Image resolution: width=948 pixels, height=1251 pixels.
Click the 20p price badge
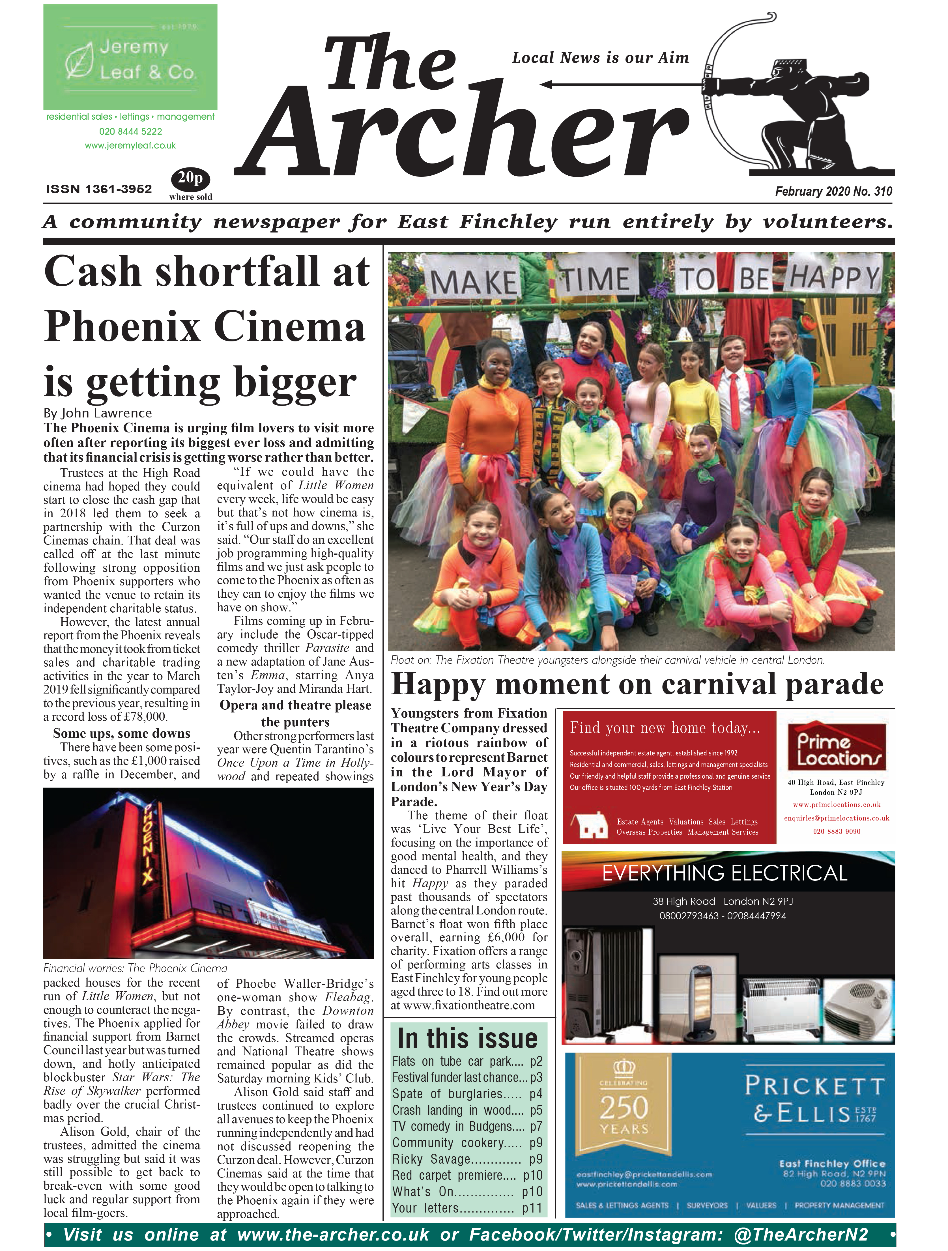point(191,179)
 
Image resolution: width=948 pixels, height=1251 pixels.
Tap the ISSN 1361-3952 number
point(99,190)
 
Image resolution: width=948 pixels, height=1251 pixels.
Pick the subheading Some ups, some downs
point(122,733)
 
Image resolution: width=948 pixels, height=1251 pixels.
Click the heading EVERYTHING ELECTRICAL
point(725,873)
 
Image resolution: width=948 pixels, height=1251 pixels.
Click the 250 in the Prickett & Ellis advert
point(624,1107)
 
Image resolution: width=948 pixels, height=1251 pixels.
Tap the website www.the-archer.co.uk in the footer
point(334,1235)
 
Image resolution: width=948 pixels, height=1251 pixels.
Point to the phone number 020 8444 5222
point(131,131)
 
